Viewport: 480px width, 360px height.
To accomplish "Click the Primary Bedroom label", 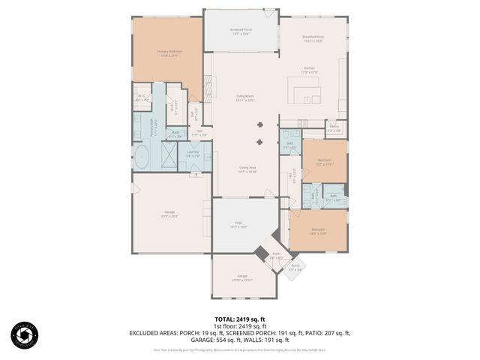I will pyautogui.click(x=167, y=53).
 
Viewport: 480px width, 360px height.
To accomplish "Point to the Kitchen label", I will pyautogui.click(x=310, y=70).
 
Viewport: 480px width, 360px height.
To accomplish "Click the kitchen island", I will pyautogui.click(x=307, y=95).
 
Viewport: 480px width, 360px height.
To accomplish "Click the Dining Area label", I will pyautogui.click(x=248, y=169).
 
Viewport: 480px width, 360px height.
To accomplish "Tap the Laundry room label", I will pyautogui.click(x=193, y=154).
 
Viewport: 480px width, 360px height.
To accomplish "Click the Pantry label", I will pyautogui.click(x=334, y=128).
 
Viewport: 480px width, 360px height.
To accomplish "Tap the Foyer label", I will pyautogui.click(x=275, y=256).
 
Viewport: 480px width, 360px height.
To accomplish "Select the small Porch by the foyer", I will pyautogui.click(x=295, y=268).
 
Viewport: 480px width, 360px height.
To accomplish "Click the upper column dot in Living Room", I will pyautogui.click(x=260, y=124).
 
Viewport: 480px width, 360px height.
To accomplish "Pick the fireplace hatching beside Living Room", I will pyautogui.click(x=208, y=88).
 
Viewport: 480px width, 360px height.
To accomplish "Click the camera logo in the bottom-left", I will pyautogui.click(x=24, y=335).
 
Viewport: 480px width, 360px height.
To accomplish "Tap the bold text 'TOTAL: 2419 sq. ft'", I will pyautogui.click(x=240, y=319).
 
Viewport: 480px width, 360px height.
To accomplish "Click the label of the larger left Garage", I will pyautogui.click(x=170, y=214).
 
